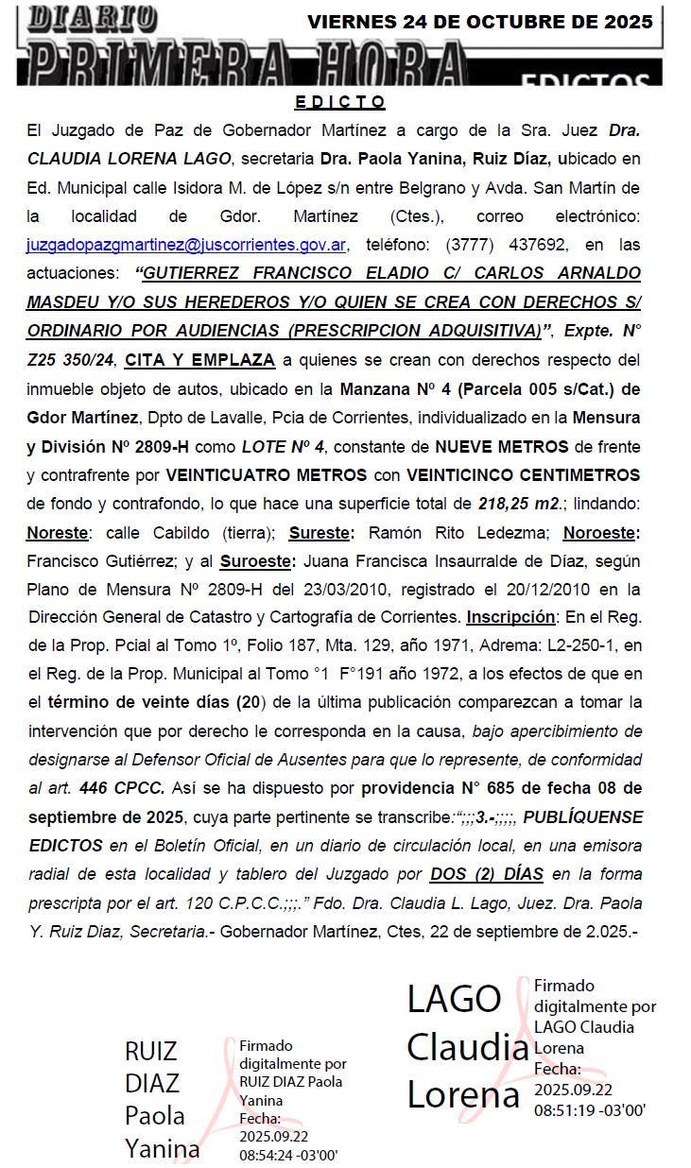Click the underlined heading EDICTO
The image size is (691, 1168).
(340, 102)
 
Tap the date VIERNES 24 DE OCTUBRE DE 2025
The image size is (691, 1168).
(480, 23)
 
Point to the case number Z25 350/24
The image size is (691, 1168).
(71, 359)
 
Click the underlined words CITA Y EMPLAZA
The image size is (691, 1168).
(200, 359)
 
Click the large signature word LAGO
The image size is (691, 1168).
(454, 999)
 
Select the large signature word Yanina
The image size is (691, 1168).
(163, 1148)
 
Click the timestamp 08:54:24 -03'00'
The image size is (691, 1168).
(288, 1154)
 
